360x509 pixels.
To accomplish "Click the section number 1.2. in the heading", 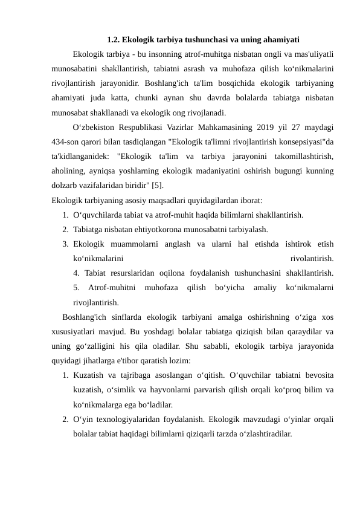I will [x=114, y=41].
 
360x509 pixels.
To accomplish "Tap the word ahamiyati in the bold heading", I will [x=280, y=41].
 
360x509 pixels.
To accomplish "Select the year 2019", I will [x=259, y=128].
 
